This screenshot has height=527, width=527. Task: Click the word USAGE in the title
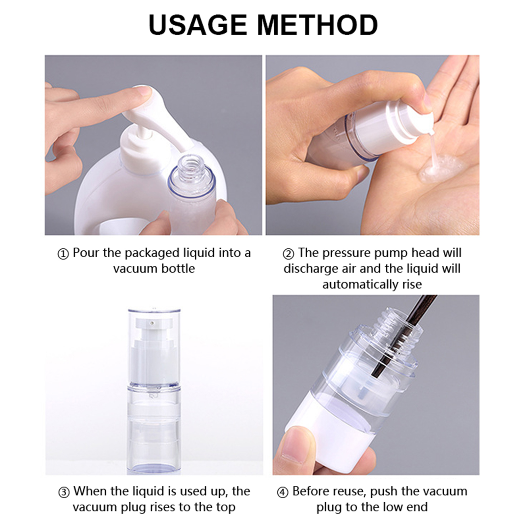tap(198, 25)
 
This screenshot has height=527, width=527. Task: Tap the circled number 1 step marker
tap(63, 254)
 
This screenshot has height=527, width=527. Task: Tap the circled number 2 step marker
tap(289, 254)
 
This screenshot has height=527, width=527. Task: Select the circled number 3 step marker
tap(64, 492)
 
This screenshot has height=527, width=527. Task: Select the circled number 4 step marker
tap(283, 492)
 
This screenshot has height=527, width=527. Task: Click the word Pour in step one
tap(86, 253)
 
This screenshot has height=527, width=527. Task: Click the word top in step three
tap(226, 507)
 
